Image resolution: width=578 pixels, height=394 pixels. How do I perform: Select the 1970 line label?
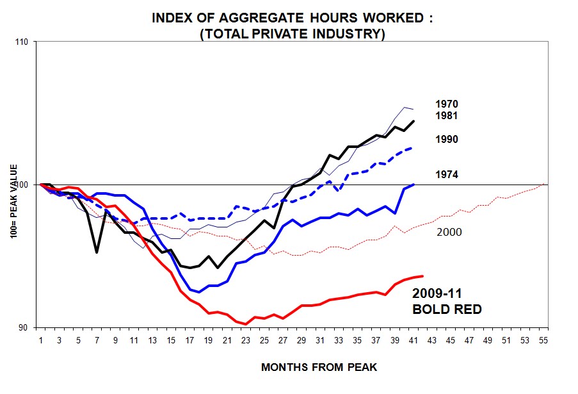pos(446,104)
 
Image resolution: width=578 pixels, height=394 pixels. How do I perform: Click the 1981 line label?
pos(446,116)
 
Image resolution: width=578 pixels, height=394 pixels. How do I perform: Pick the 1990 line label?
pos(446,140)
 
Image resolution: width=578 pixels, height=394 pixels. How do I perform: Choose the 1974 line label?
pos(446,174)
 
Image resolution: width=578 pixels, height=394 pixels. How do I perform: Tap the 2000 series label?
pos(448,232)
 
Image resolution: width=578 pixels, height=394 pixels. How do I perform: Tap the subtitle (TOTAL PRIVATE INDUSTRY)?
pos(293,34)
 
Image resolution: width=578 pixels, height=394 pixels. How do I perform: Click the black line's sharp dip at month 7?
pos(97,252)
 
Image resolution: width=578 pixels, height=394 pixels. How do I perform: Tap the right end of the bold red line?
pos(423,276)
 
